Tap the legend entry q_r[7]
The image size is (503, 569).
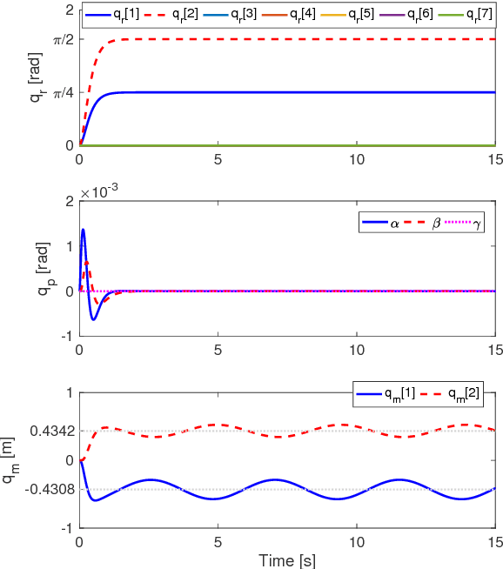pos(474,16)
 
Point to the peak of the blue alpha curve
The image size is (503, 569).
pos(83,230)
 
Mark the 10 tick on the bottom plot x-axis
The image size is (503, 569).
pos(356,540)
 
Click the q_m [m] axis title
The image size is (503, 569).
pos(35,461)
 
